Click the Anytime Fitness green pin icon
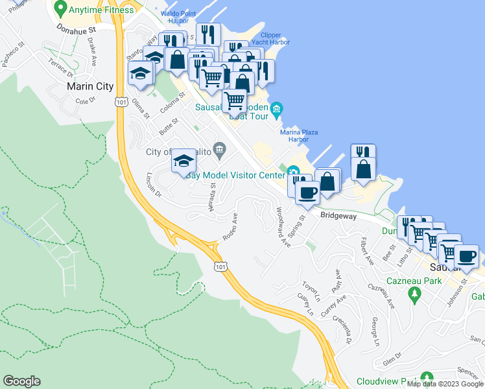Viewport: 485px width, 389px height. [x=60, y=9]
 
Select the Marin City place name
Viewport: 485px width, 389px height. [x=90, y=86]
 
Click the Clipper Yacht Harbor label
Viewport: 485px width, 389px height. [x=271, y=39]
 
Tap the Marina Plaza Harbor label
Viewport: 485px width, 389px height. [x=298, y=135]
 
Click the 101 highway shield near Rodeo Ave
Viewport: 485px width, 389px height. [x=220, y=266]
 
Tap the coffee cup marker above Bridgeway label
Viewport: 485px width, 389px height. [x=307, y=192]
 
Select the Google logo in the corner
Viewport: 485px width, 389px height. [x=21, y=381]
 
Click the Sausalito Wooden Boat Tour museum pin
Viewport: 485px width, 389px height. [x=277, y=108]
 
